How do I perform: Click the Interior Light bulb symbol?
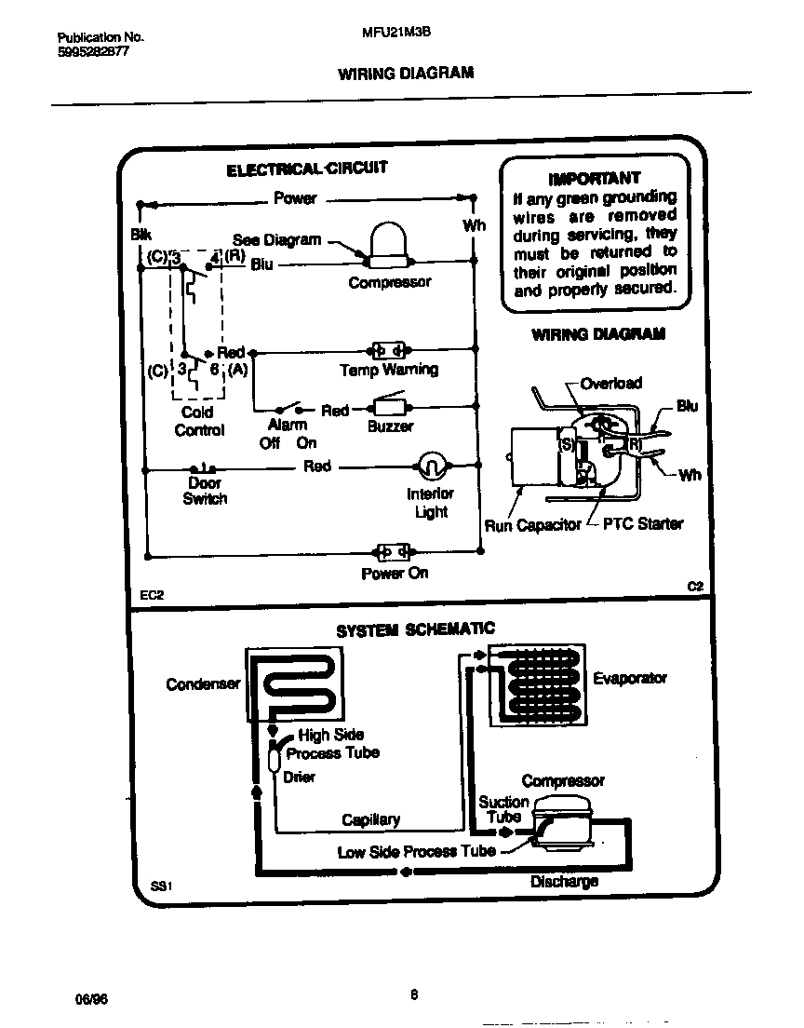pos(430,465)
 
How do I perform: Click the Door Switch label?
pos(205,491)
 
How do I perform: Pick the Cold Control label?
pos(198,421)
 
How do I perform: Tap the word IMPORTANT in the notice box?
pos(595,177)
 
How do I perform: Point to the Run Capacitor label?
pos(532,526)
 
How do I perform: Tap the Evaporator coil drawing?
pos(533,686)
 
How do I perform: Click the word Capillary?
pos(370,819)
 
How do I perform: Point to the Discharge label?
pos(564,881)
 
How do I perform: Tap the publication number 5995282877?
pos(93,52)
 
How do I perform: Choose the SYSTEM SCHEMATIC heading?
pos(415,630)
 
